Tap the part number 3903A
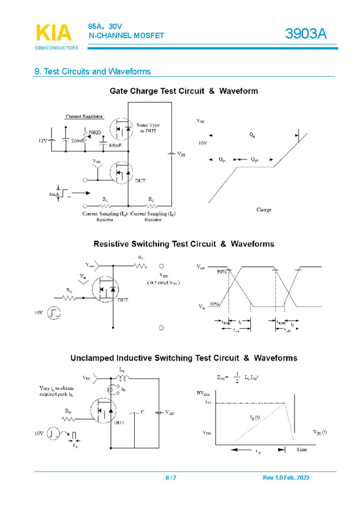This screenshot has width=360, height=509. click(x=306, y=34)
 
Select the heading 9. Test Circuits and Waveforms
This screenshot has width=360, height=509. click(x=93, y=72)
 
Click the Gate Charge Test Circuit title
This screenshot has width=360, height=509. click(x=184, y=91)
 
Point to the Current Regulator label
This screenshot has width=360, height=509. click(x=84, y=117)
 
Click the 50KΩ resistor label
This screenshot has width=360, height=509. click(x=94, y=133)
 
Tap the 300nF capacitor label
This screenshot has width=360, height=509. click(x=115, y=145)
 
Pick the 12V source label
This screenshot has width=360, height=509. click(x=43, y=141)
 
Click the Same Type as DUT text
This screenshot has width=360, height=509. click(x=148, y=128)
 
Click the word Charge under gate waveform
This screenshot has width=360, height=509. click(x=264, y=210)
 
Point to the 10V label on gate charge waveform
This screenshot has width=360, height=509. click(x=202, y=143)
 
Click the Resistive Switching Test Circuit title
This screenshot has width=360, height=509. click(x=184, y=244)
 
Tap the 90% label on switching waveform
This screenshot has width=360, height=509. click(x=222, y=271)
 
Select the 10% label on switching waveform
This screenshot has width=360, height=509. click(x=215, y=305)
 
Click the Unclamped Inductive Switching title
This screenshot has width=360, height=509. click(x=184, y=358)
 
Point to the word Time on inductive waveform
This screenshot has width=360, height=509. click(x=301, y=449)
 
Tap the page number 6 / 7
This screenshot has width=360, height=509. click(x=171, y=478)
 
